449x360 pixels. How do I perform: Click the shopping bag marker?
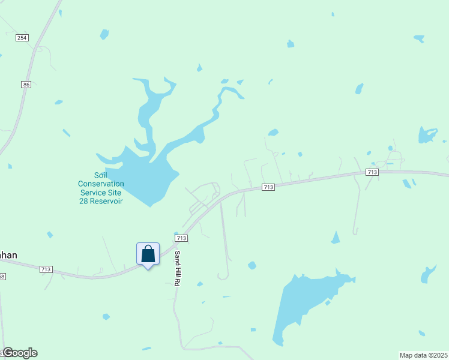pyautogui.click(x=148, y=254)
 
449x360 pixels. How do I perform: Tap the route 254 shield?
pyautogui.click(x=22, y=38)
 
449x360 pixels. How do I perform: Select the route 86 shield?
pyautogui.click(x=26, y=85)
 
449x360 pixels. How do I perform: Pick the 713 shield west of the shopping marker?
pyautogui.click(x=46, y=269)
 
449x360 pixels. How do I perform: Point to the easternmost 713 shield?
pyautogui.click(x=372, y=172)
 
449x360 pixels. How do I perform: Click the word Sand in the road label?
pyautogui.click(x=178, y=258)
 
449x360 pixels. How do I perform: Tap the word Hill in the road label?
pyautogui.click(x=178, y=273)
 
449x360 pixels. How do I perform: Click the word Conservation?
pyautogui.click(x=101, y=184)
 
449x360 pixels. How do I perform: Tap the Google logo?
pyautogui.click(x=20, y=353)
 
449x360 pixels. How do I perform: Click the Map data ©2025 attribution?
pyautogui.click(x=423, y=355)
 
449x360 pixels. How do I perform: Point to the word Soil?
pyautogui.click(x=101, y=175)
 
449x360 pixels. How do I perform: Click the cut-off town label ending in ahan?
pyautogui.click(x=8, y=255)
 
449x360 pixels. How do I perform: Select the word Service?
pyautogui.click(x=93, y=193)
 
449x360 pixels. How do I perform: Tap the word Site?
pyautogui.click(x=114, y=193)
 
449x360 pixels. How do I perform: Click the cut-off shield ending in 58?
pyautogui.click(x=2, y=277)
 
